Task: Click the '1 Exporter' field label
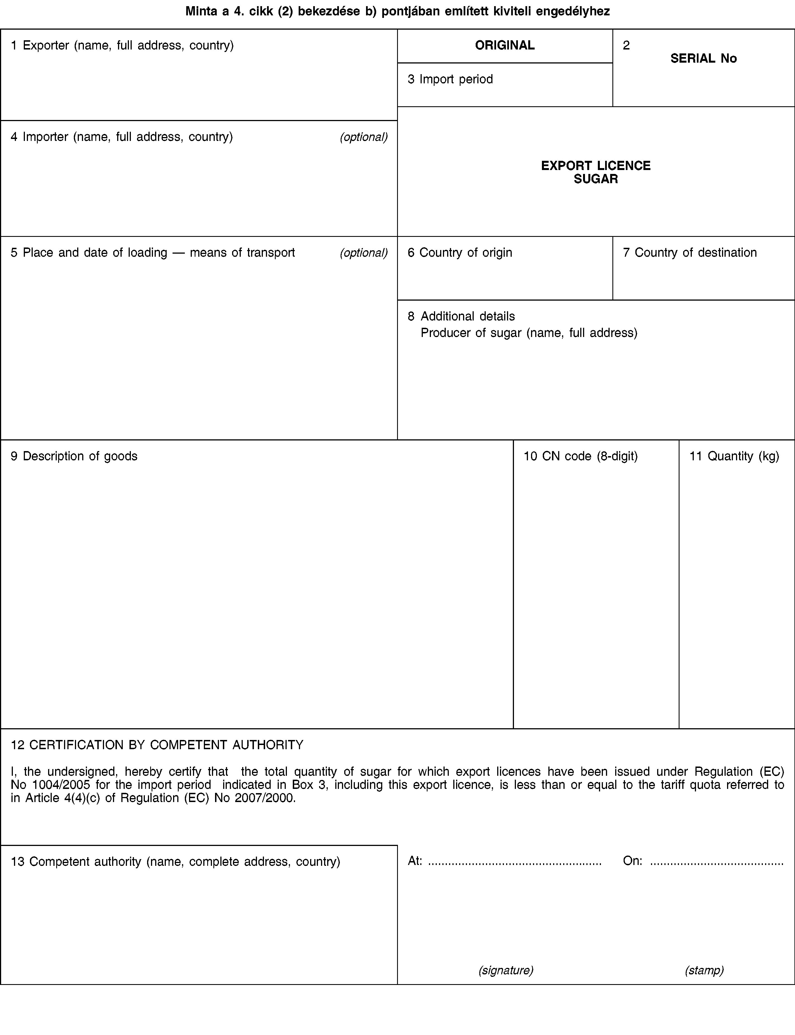[x=122, y=45]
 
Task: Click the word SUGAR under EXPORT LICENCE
[x=596, y=179]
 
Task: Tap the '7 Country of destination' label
[x=690, y=253]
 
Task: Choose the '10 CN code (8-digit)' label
[x=580, y=456]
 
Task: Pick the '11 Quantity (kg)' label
[x=734, y=456]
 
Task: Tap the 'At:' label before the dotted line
[x=415, y=861]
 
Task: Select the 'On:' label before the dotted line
[x=632, y=861]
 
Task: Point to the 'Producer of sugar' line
[x=529, y=333]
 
